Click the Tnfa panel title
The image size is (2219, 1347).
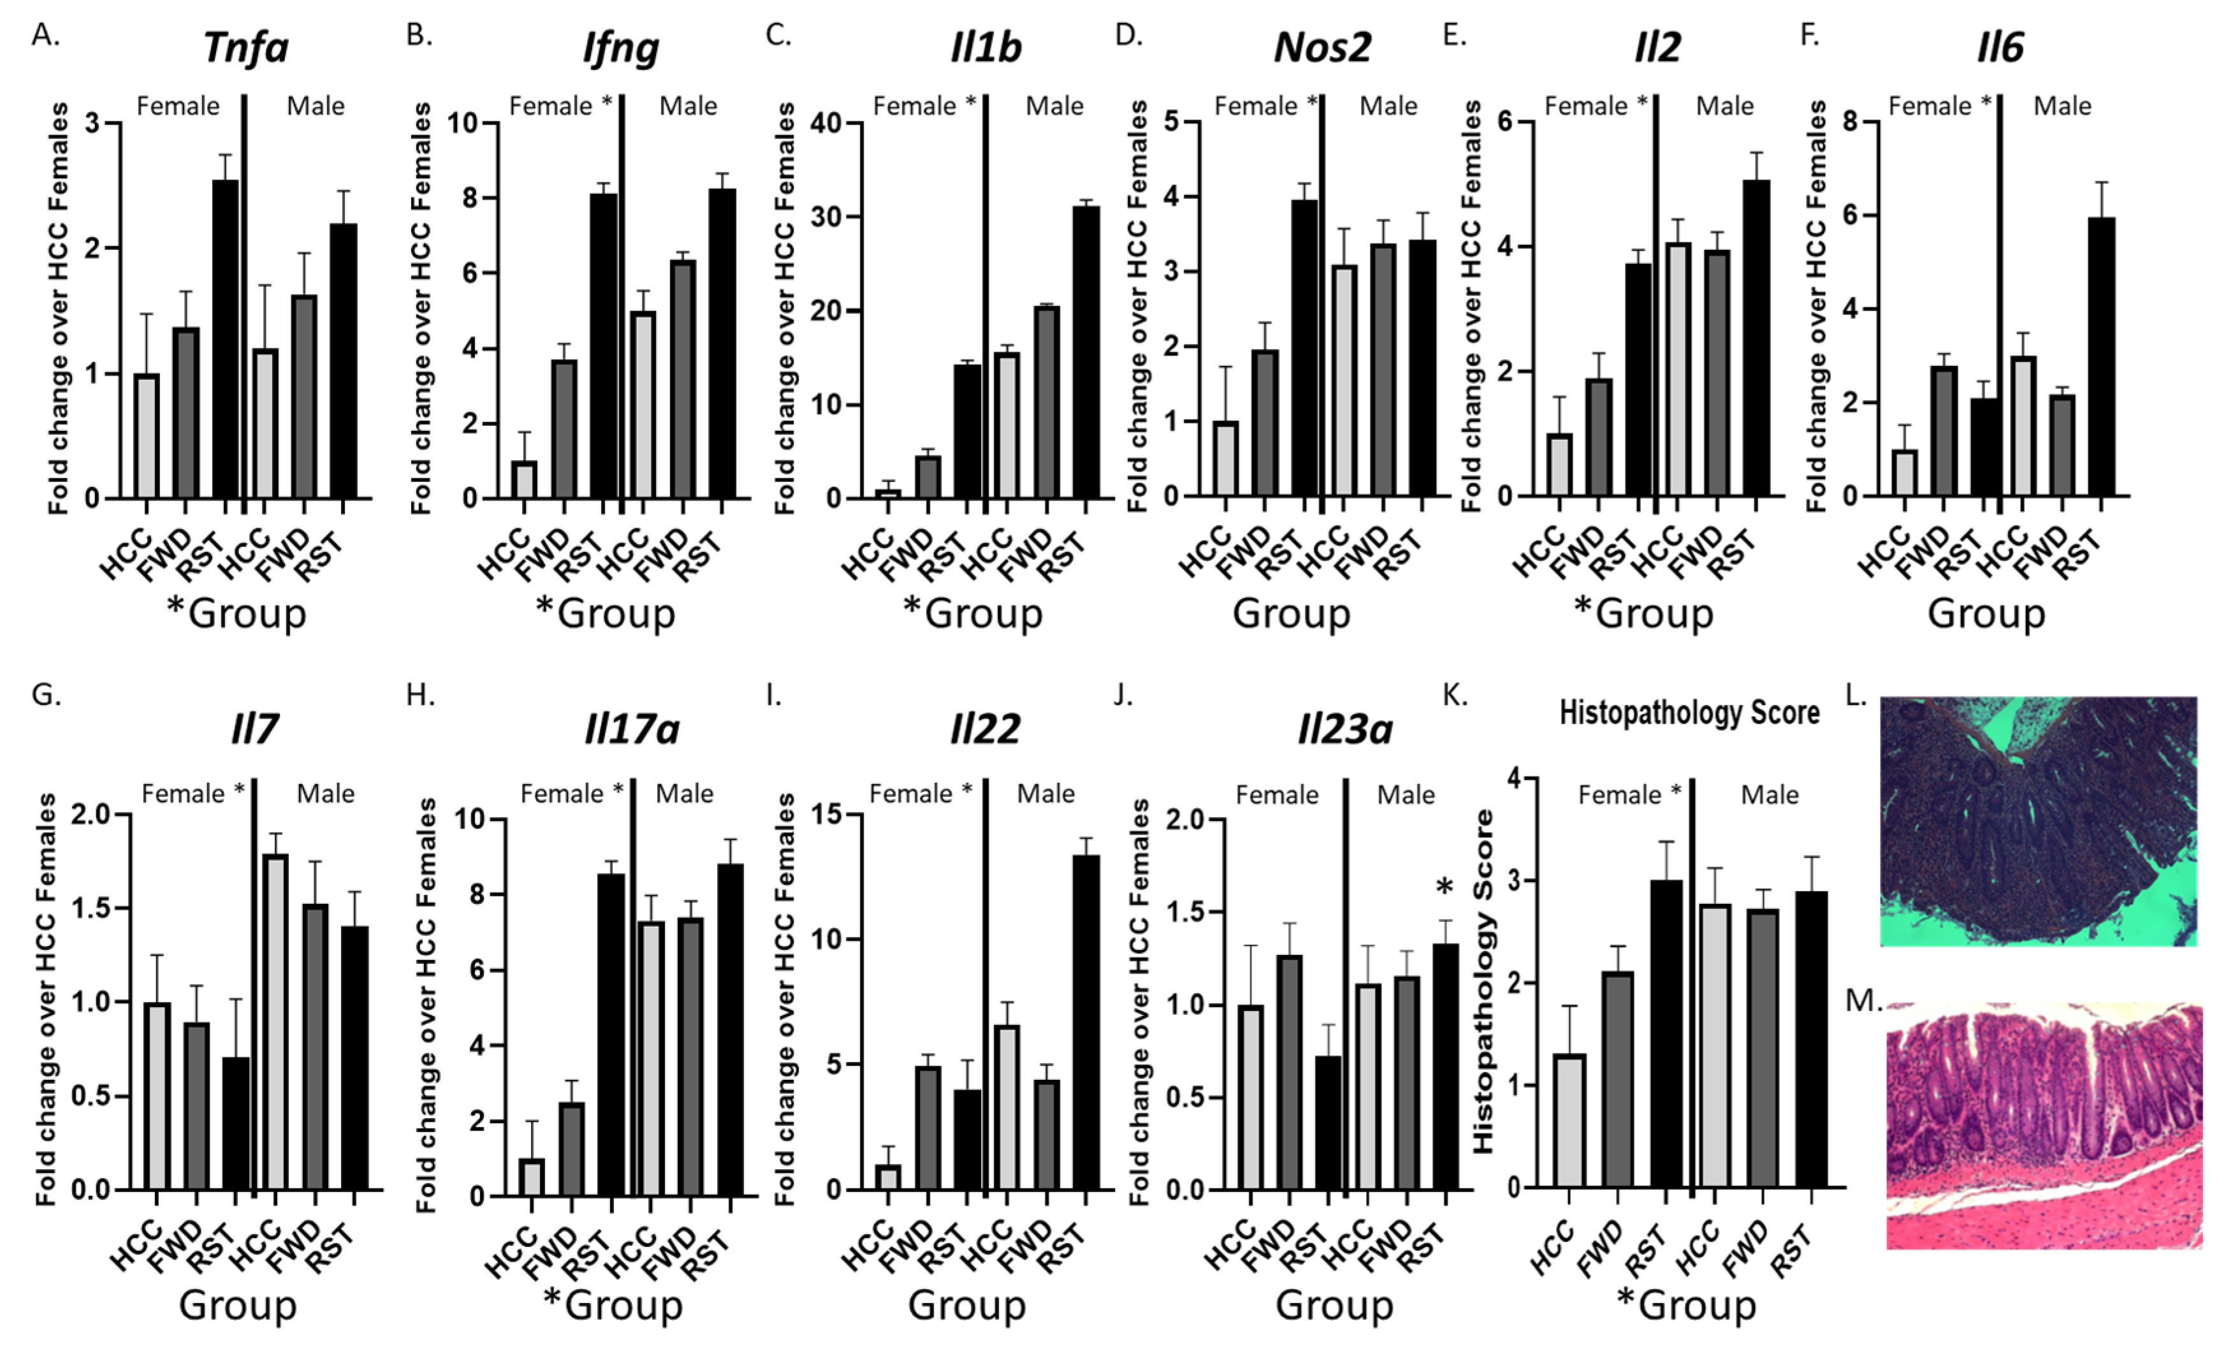click(x=245, y=47)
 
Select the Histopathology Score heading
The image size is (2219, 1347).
click(x=1689, y=713)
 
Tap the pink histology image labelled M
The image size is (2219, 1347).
click(x=2042, y=1126)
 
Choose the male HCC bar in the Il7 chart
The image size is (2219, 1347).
click(x=275, y=1022)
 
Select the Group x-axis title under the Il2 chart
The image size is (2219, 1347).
click(x=1654, y=613)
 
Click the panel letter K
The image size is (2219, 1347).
click(x=1455, y=695)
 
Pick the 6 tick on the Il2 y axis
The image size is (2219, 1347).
click(x=1505, y=122)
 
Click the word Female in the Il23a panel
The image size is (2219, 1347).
click(x=1276, y=795)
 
